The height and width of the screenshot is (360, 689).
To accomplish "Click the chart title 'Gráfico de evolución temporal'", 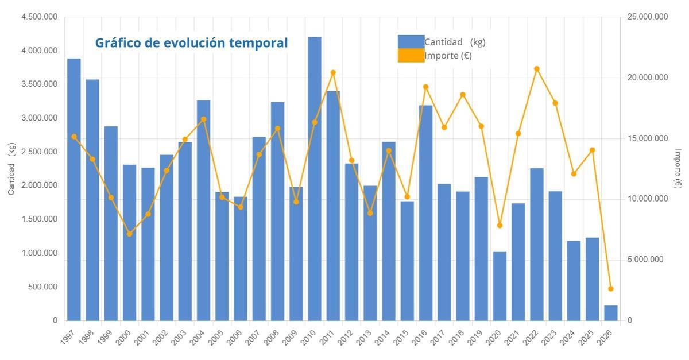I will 191,43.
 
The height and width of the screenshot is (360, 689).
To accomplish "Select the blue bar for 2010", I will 315,178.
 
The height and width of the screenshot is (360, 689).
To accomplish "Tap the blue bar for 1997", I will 74,189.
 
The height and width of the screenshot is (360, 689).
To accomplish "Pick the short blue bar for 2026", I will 611,313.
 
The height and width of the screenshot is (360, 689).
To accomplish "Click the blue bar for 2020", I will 500,286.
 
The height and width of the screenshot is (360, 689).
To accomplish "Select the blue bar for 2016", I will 425,212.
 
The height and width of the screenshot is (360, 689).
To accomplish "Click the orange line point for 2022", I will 537,69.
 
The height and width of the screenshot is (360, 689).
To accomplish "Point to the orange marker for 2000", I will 130,234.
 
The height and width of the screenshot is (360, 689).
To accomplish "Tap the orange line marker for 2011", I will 333,73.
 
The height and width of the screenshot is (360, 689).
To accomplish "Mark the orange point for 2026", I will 611,289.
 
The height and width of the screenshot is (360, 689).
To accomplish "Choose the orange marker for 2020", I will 500,225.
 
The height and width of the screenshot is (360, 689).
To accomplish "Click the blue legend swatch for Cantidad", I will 411,42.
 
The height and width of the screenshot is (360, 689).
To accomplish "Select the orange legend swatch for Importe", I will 411,56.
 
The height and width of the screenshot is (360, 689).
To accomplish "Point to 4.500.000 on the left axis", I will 39,17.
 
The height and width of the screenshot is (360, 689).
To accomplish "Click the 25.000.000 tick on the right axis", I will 648,17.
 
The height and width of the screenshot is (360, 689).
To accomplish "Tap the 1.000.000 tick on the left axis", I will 39,253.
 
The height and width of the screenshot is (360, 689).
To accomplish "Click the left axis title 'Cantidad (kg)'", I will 11,168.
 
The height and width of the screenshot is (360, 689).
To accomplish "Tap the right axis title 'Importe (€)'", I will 678,168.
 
